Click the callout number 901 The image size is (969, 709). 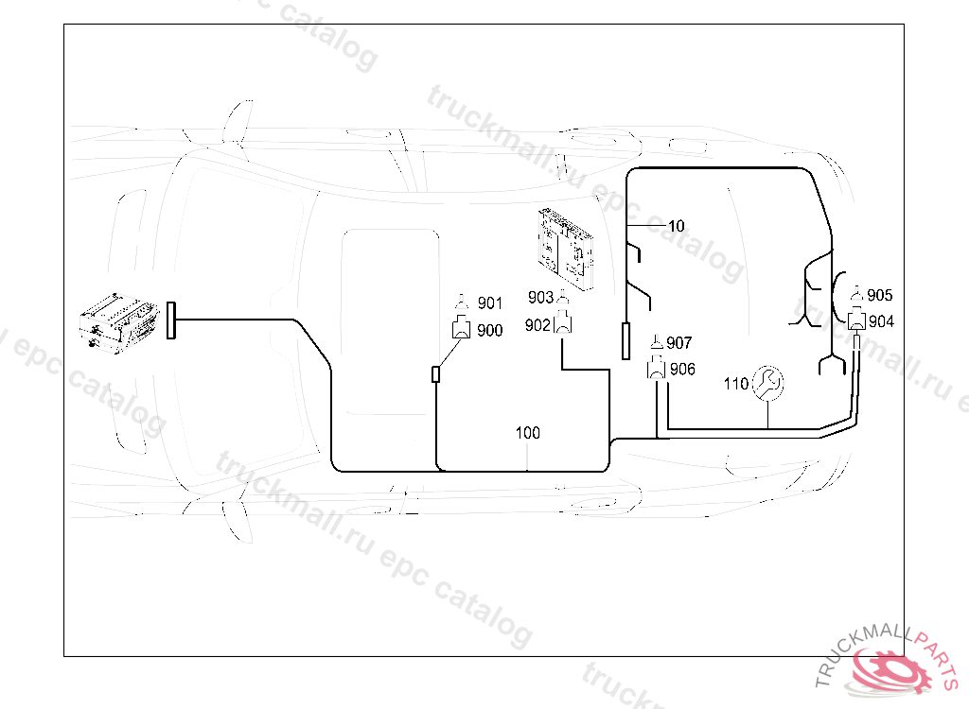[x=489, y=303]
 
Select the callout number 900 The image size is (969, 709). [x=489, y=330]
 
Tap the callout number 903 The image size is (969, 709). [x=540, y=298]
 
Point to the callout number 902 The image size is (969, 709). [x=537, y=325]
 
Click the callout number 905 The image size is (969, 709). [x=880, y=295]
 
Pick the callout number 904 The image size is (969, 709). [x=881, y=321]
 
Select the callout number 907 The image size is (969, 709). [x=679, y=342]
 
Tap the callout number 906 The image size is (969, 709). [x=681, y=370]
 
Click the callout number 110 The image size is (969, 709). [x=735, y=384]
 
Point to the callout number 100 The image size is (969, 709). [x=528, y=433]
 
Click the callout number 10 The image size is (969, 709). [x=676, y=226]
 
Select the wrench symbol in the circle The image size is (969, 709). [x=766, y=383]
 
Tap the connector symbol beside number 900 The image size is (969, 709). [x=463, y=329]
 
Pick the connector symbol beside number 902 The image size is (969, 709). [x=563, y=325]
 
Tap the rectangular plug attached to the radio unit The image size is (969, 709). [x=171, y=320]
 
